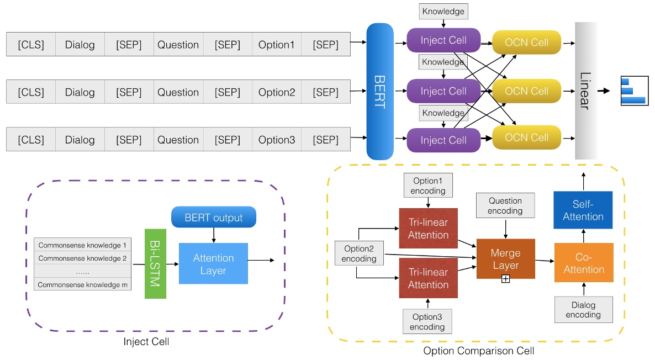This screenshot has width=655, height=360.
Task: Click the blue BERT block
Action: [379, 91]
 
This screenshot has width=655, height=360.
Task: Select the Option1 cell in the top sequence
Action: [276, 45]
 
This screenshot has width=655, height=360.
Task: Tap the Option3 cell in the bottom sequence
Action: [276, 140]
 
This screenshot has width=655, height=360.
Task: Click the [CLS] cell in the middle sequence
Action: [31, 92]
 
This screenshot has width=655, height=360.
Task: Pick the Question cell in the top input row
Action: [178, 45]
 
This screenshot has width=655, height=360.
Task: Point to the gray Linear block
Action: [586, 91]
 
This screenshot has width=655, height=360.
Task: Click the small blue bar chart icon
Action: [632, 91]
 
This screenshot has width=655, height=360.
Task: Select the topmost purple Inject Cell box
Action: [443, 40]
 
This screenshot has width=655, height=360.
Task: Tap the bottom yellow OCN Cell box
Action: [526, 138]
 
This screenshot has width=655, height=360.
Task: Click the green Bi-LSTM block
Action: [155, 264]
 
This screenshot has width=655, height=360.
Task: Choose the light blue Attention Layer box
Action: [213, 264]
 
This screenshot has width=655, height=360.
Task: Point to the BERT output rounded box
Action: [213, 218]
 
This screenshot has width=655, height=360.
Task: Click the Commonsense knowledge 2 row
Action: [82, 258]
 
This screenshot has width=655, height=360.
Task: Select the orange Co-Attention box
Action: [584, 263]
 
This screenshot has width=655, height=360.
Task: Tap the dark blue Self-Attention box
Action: [583, 210]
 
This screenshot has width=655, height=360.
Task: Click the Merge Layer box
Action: [505, 259]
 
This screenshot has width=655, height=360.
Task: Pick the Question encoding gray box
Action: [505, 205]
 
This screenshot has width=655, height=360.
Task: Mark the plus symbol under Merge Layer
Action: [505, 279]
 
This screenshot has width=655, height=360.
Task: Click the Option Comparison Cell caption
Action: [478, 351]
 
